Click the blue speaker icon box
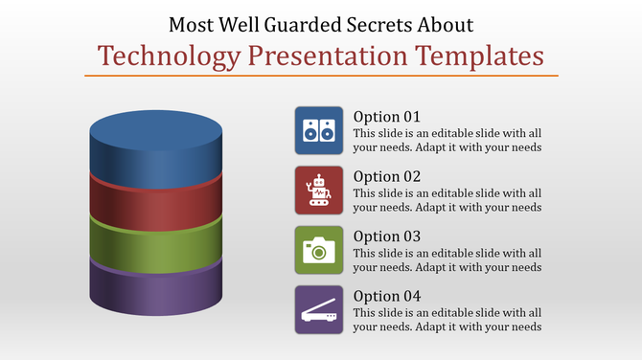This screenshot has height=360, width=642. tap(319, 131)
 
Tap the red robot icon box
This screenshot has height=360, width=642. tap(319, 191)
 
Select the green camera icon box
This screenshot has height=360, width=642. tap(319, 250)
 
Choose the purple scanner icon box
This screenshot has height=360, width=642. tap(319, 310)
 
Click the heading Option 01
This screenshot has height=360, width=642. tap(386, 117)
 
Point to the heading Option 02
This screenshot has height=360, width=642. tap(386, 176)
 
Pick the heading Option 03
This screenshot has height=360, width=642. tap(386, 236)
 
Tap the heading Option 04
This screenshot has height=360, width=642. tap(386, 296)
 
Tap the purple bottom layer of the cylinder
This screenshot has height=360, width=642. tap(155, 292)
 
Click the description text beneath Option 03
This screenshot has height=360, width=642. tap(447, 259)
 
